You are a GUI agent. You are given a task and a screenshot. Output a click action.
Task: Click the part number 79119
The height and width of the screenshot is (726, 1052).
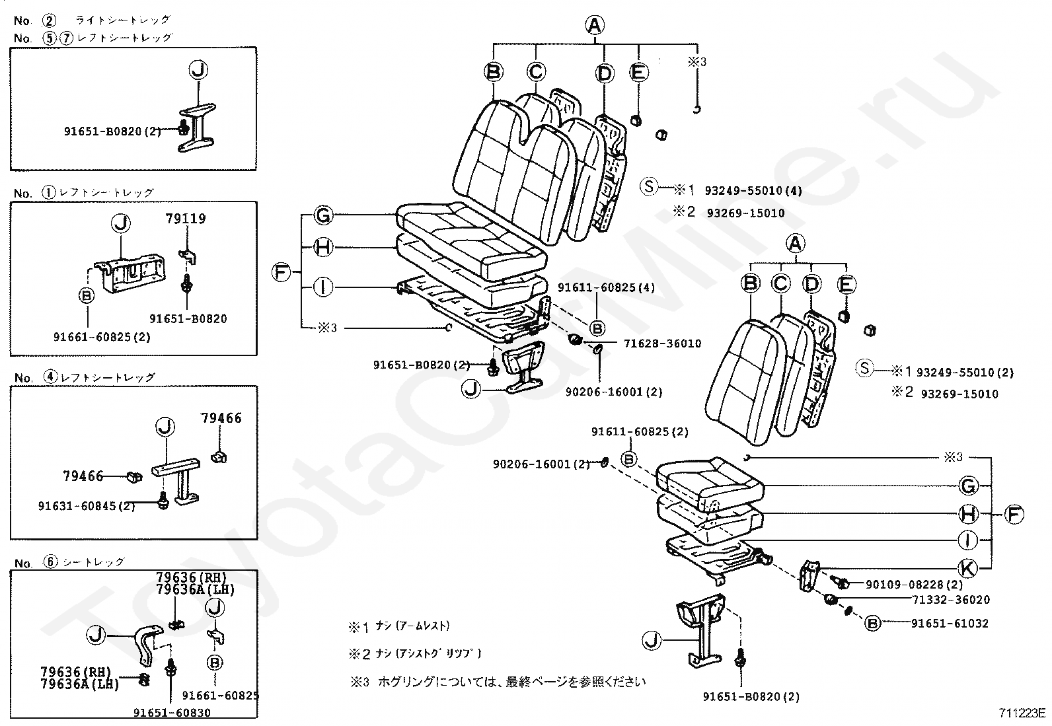pos(186,219)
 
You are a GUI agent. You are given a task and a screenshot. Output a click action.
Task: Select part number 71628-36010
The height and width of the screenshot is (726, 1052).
pos(662,344)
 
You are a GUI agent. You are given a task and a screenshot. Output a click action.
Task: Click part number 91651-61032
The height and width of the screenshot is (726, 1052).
pos(950,623)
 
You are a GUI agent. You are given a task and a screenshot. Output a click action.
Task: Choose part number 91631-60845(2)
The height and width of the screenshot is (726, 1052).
pos(87,506)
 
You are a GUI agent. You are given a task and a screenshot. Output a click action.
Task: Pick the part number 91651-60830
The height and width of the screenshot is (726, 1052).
pos(172,713)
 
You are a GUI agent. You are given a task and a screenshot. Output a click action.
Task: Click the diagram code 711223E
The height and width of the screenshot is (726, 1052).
pos(1022,713)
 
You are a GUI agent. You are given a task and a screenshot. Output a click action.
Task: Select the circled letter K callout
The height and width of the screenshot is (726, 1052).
pos(967,567)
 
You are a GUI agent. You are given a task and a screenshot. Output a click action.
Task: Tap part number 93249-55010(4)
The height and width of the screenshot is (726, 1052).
pos(753,191)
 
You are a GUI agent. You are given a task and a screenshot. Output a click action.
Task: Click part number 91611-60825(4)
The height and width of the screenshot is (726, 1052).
pos(606,288)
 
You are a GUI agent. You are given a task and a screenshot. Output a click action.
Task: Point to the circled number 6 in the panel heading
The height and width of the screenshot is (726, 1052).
pos(51,562)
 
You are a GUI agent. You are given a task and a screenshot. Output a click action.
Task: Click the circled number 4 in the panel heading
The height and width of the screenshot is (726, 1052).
pos(51,378)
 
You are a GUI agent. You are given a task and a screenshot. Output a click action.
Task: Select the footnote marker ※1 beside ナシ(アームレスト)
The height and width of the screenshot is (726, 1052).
pos(359,626)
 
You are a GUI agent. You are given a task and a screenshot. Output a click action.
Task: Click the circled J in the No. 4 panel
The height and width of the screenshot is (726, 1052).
pos(165,427)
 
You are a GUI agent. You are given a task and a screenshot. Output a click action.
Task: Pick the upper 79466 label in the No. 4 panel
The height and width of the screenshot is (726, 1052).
pos(221,418)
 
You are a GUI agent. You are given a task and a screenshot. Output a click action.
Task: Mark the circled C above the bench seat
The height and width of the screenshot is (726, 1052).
pos(536,72)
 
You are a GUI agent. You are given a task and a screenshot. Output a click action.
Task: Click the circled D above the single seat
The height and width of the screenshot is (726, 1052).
pos(811,284)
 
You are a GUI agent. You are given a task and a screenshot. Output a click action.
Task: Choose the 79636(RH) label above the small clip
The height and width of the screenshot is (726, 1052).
pos(191,577)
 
